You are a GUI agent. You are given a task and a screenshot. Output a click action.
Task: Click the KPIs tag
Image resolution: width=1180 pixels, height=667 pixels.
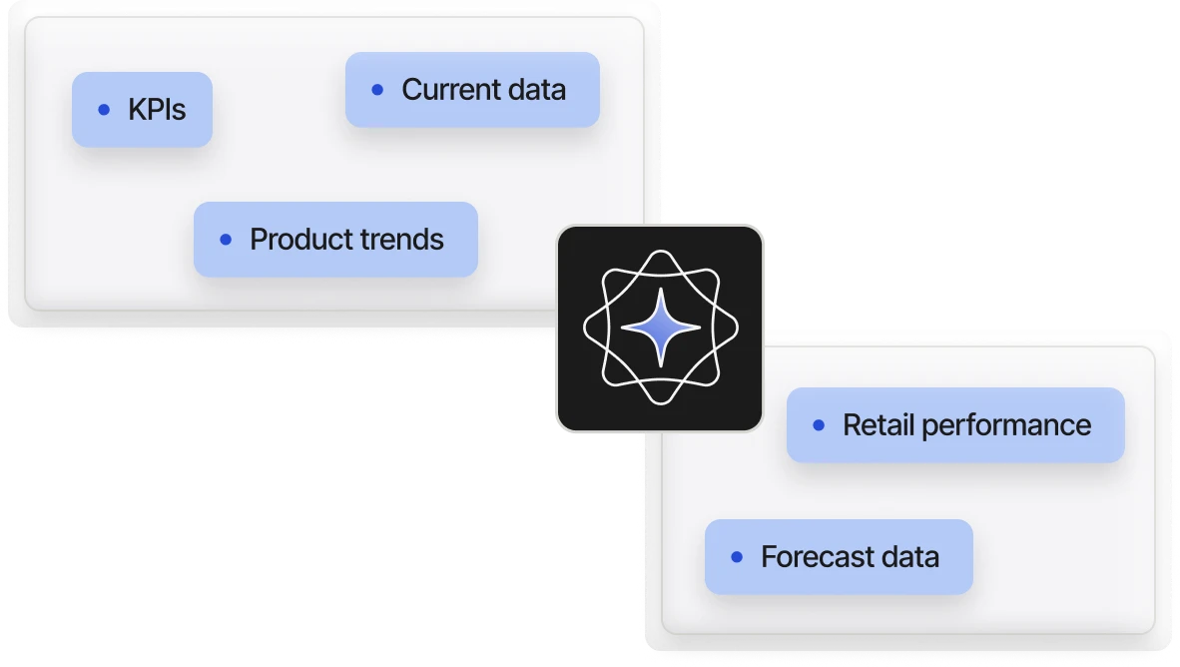click(x=142, y=110)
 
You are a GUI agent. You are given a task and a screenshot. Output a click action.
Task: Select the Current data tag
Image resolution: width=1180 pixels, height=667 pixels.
click(x=472, y=90)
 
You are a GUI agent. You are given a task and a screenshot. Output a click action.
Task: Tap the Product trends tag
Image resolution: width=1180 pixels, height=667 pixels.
click(x=335, y=240)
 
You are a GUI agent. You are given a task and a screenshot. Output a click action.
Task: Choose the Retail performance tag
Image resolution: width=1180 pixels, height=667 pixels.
click(x=955, y=425)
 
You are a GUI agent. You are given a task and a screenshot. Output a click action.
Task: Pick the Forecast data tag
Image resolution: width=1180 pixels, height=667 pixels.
click(x=839, y=557)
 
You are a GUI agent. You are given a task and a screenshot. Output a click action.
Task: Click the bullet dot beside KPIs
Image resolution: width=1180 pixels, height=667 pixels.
click(x=104, y=110)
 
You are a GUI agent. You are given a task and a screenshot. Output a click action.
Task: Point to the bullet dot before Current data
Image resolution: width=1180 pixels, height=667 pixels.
click(x=377, y=90)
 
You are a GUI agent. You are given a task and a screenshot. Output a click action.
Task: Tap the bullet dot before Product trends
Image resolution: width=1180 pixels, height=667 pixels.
click(x=226, y=240)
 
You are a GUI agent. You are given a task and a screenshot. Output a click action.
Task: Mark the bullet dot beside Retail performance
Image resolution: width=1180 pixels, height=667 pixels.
click(x=819, y=425)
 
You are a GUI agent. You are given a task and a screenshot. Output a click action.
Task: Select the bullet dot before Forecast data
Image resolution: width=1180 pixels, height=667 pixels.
click(x=737, y=557)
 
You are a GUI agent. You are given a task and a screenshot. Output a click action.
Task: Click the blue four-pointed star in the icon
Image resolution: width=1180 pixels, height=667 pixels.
click(x=660, y=328)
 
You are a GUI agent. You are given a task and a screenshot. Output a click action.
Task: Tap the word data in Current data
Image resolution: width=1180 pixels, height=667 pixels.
click(x=535, y=90)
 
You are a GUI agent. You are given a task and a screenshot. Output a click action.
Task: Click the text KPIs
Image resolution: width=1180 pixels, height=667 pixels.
click(x=157, y=110)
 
